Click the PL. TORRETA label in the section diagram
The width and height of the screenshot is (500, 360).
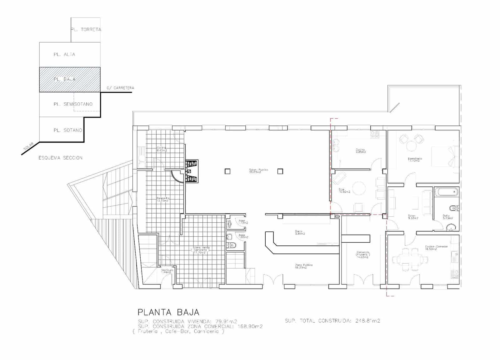click(86, 30)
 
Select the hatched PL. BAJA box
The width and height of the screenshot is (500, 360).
click(70, 79)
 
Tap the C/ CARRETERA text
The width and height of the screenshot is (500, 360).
click(120, 88)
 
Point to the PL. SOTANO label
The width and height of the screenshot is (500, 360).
click(68, 130)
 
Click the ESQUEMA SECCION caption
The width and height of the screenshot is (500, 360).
click(61, 158)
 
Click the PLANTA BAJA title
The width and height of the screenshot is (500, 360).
click(168, 312)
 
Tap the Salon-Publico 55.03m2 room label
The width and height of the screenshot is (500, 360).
click(258, 171)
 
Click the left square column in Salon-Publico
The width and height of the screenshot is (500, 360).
click(227, 171)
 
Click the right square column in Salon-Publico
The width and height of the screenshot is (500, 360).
click(280, 171)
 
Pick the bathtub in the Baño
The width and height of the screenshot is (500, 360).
click(446, 192)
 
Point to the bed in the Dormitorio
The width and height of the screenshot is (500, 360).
click(444, 157)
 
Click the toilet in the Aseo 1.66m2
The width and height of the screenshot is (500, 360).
click(232, 245)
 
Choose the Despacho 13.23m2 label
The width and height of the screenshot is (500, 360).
click(163, 199)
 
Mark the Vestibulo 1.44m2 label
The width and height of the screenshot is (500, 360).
click(167, 271)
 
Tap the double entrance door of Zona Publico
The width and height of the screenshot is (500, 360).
click(273, 280)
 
